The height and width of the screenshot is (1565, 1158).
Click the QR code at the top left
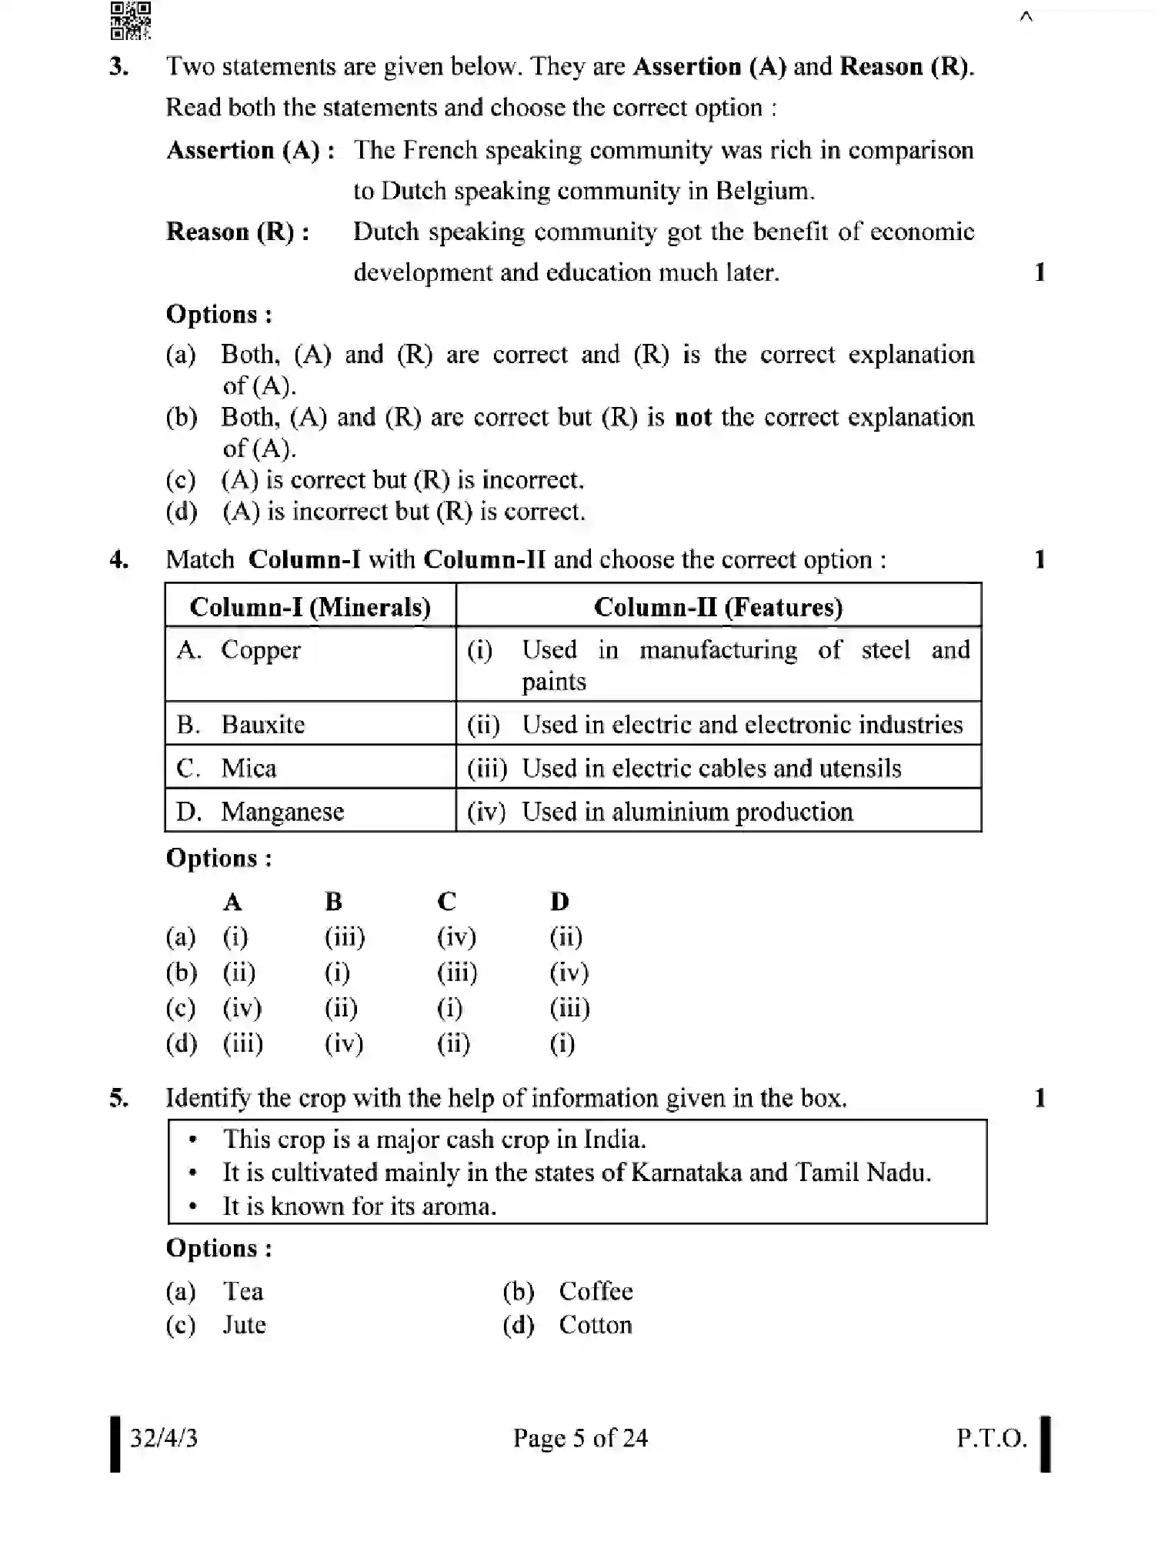130,20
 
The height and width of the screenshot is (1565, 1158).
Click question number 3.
119,67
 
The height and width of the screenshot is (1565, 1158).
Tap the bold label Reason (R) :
238,232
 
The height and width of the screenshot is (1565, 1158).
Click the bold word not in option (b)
692,418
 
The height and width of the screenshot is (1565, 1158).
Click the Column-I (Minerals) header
310,607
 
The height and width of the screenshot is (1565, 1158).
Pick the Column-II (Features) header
718,607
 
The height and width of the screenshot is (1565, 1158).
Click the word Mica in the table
249,769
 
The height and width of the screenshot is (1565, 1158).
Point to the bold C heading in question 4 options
446,901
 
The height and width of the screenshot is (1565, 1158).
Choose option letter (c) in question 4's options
182,1008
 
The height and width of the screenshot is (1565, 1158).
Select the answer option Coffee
596,1292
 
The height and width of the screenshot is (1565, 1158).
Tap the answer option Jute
244,1326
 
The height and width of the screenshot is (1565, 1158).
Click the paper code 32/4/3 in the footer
164,1438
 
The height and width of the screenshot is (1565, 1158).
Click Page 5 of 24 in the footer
580,1438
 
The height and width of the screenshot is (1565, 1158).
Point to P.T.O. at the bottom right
991,1438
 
